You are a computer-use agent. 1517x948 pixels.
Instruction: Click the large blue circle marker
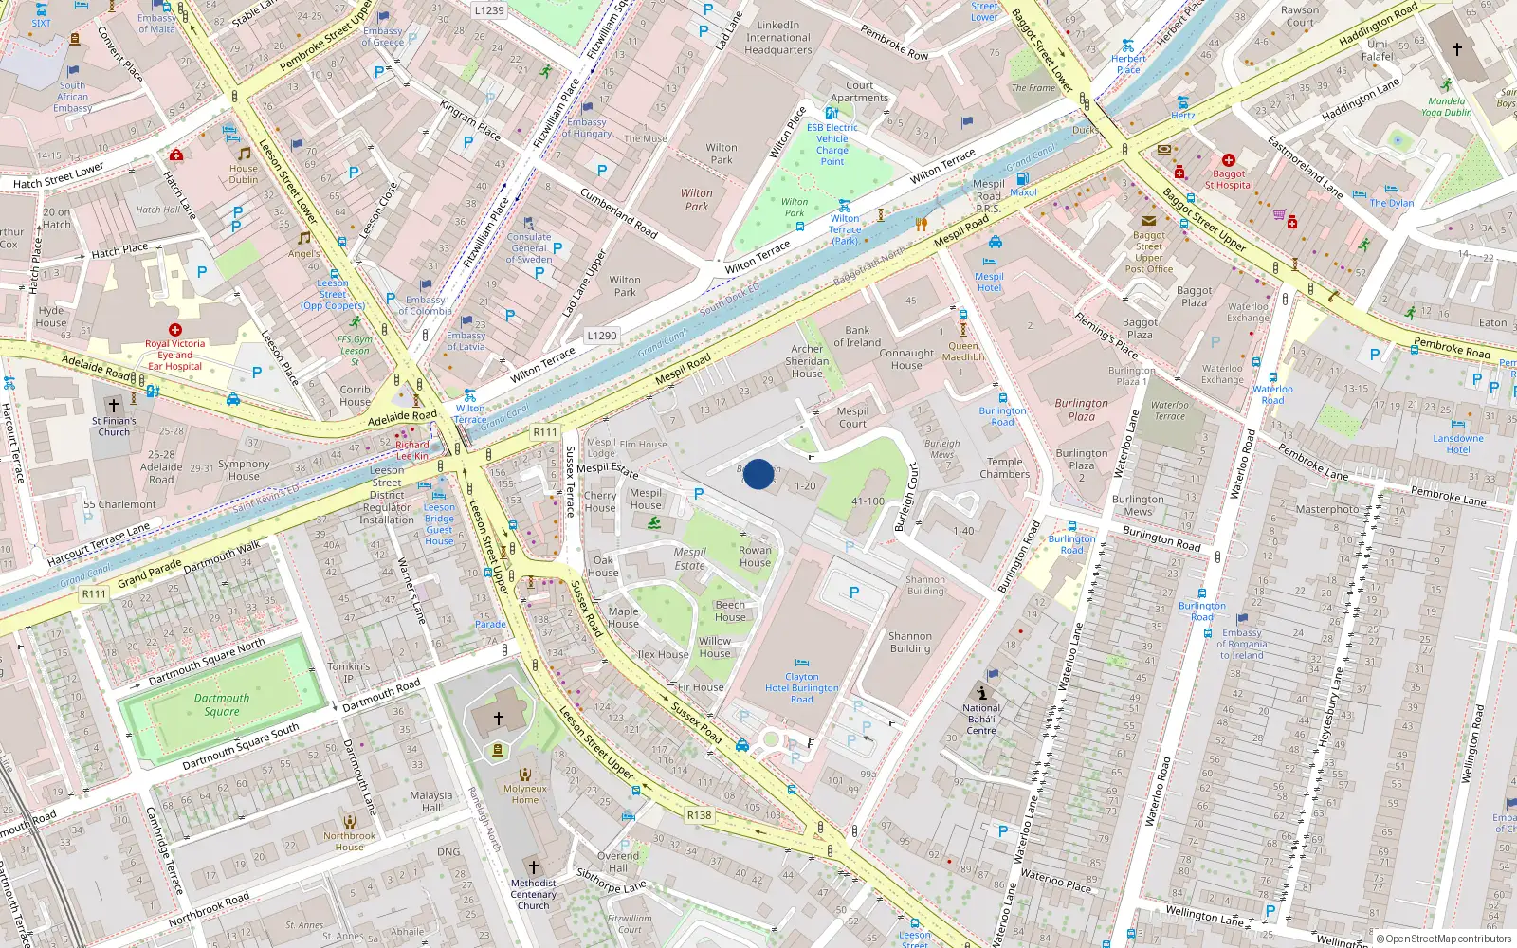coord(758,474)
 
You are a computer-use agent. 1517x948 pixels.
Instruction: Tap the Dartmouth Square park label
coord(222,704)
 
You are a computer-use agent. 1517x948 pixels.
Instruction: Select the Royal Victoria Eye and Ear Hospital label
coord(174,355)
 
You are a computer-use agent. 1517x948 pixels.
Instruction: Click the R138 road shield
coord(699,815)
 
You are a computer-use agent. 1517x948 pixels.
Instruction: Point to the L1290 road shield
coord(601,336)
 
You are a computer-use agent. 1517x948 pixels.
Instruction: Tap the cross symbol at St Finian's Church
coord(114,406)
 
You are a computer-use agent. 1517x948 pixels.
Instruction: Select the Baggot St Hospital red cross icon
coord(1229,160)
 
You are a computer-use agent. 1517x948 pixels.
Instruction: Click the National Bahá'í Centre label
coord(981,719)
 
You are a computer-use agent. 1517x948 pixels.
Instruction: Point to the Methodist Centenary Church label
coord(533,894)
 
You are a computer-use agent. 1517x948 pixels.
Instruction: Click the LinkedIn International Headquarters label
coord(778,38)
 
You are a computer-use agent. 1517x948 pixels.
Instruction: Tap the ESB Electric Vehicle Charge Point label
coord(832,144)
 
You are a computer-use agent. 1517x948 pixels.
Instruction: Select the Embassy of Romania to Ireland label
coord(1242,644)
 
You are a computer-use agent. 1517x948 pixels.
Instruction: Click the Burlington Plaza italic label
coord(1082,410)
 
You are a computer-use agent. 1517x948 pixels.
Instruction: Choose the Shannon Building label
coord(910,643)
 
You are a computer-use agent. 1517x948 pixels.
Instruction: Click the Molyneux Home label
coord(525,793)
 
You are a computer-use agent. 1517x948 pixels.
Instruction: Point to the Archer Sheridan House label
coord(808,361)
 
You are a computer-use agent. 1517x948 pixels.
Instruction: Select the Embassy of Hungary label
coord(587,128)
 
